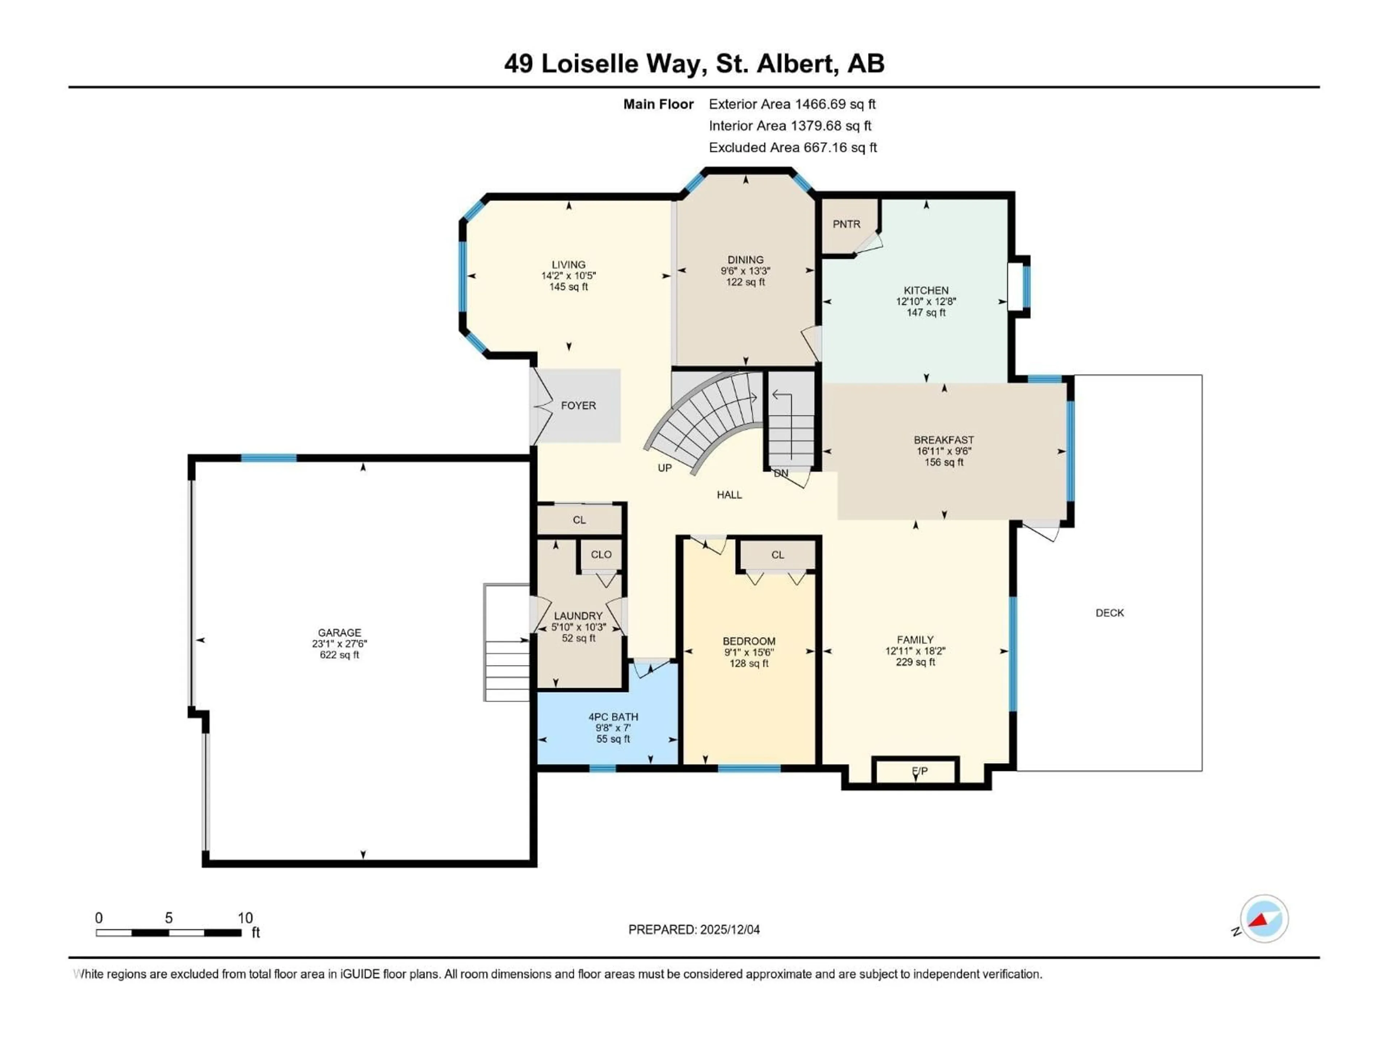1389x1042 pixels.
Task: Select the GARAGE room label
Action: (x=339, y=632)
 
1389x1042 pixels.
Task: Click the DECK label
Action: (x=1109, y=613)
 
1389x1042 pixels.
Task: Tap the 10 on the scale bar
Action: (x=245, y=918)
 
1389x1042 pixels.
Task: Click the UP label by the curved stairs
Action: (x=664, y=468)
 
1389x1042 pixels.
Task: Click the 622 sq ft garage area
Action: (x=339, y=655)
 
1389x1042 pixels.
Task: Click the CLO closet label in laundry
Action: (x=601, y=555)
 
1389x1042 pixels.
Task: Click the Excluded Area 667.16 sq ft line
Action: (x=793, y=148)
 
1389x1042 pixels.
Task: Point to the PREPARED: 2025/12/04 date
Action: (x=694, y=929)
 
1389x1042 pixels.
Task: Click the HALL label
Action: (x=729, y=495)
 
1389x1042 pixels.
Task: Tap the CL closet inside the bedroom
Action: (x=777, y=555)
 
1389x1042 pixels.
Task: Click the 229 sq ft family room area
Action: (x=915, y=662)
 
